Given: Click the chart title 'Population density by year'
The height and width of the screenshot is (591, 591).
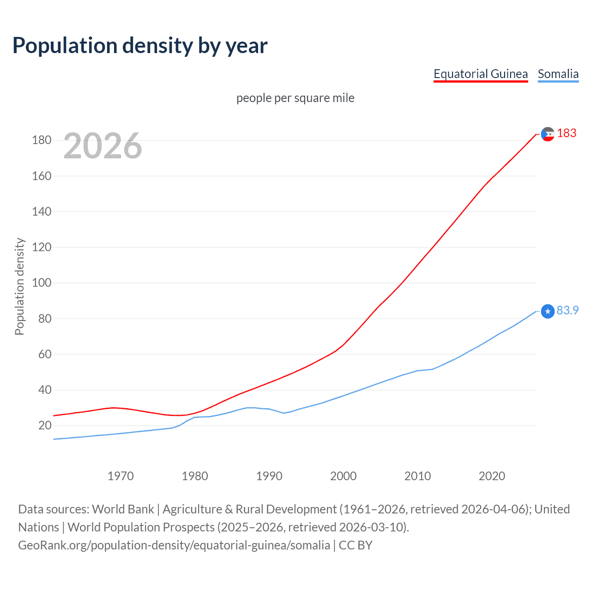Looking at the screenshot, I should click(140, 46).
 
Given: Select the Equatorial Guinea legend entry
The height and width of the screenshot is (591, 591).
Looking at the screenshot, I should click(480, 74).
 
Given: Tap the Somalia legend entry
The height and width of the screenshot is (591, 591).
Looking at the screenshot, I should click(558, 74).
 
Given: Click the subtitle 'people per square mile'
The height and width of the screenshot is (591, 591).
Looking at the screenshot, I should click(295, 98).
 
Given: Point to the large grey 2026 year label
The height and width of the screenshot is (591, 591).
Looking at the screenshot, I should click(103, 146).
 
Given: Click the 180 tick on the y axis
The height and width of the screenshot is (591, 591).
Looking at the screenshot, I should click(42, 140).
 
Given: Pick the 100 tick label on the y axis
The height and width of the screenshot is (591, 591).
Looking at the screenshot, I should click(42, 283).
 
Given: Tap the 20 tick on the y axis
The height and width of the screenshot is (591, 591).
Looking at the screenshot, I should click(45, 425).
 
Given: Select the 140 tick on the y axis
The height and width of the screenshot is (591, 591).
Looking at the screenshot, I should click(42, 211).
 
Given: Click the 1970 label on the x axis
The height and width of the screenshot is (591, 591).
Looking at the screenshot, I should click(121, 476).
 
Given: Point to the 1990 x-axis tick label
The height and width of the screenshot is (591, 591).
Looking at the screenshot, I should click(269, 476).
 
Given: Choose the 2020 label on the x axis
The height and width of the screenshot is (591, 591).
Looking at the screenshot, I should click(492, 476).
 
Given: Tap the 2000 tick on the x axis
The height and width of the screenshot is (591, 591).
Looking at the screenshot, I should click(343, 476).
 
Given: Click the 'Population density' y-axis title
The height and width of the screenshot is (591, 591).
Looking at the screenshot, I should click(19, 286).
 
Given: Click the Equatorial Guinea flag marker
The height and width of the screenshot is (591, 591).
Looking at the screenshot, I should click(548, 134).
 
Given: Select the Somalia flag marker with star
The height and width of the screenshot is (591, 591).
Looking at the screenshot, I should click(548, 311).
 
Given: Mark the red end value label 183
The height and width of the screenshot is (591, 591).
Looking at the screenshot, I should click(567, 133).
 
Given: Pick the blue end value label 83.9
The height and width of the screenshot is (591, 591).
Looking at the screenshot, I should click(567, 310).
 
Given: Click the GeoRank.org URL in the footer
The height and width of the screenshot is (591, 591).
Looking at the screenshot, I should click(174, 545).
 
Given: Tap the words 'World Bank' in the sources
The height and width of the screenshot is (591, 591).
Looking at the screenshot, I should click(123, 509).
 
